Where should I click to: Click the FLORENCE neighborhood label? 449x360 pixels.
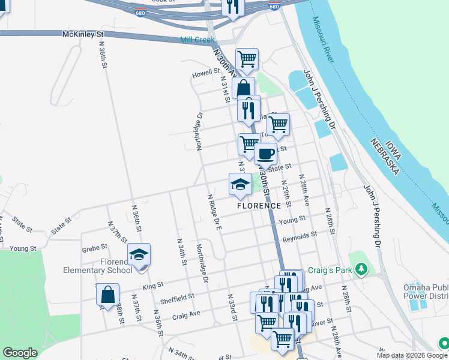click(x=259, y=205)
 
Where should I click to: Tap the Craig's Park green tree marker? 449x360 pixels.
click(x=361, y=270)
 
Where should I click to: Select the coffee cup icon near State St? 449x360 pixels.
click(x=265, y=154)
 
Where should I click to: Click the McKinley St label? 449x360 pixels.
click(x=83, y=35)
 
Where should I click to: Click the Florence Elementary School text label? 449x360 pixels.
click(x=98, y=266)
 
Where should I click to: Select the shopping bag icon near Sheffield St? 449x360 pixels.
click(x=107, y=295)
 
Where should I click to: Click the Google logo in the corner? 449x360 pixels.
click(x=20, y=353)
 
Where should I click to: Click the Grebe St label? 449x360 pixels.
click(x=95, y=246)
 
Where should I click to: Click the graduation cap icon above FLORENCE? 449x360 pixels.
click(x=240, y=184)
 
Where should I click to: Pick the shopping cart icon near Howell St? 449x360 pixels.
click(x=247, y=59)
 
